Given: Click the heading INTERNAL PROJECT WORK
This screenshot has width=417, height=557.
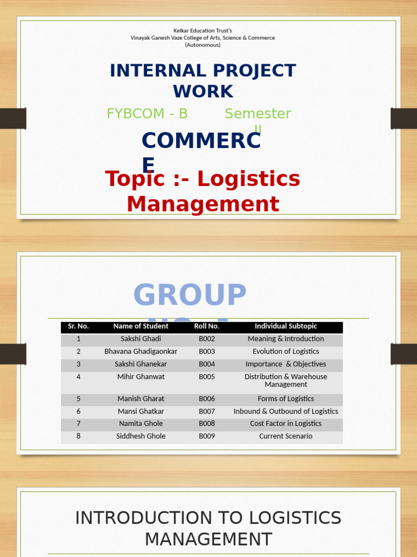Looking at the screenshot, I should click(x=203, y=81).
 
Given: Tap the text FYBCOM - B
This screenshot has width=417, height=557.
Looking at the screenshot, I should click(x=147, y=114).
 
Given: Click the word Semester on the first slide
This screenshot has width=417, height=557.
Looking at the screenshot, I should click(x=258, y=114).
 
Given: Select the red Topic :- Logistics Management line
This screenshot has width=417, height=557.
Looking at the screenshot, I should click(x=203, y=191).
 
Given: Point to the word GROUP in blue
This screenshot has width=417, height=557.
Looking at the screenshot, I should click(x=190, y=295).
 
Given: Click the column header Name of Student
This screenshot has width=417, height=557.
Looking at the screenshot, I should click(x=141, y=326).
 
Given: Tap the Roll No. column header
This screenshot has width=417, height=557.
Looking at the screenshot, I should click(x=207, y=326).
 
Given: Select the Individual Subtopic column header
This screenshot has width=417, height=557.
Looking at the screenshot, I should click(x=286, y=326).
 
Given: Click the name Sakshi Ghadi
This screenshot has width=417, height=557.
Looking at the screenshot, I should click(x=141, y=339).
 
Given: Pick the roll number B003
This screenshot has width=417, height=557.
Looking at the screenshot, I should click(x=207, y=351).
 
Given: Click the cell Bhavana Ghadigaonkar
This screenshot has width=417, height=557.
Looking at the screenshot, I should click(x=141, y=351).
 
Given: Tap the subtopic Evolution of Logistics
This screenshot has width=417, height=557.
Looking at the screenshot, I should click(x=286, y=351).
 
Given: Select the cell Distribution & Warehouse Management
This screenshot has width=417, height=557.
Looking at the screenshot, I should click(x=286, y=380).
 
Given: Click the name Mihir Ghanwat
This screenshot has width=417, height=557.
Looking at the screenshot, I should click(x=141, y=376).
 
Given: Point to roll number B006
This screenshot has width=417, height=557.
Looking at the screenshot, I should click(x=207, y=399).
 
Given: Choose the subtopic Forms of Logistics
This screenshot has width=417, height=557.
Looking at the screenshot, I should click(x=286, y=399).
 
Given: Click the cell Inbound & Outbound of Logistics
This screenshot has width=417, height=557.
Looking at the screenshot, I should click(x=286, y=411).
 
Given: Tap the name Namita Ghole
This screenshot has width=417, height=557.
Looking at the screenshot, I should click(x=141, y=424).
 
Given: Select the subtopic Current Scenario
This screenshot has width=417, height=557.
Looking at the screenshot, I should click(x=286, y=436).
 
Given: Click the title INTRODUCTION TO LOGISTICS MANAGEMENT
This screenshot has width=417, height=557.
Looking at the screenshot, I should click(x=208, y=528).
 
